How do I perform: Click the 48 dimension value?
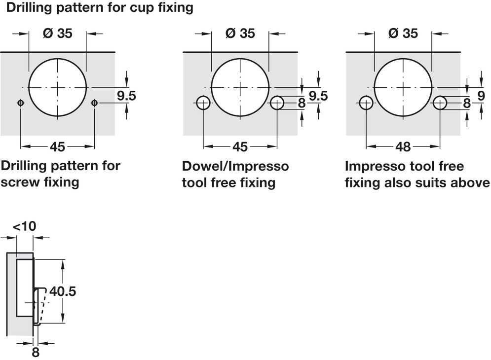(403, 146)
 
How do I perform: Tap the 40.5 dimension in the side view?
(63, 291)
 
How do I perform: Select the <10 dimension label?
(24, 226)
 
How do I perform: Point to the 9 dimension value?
(481, 96)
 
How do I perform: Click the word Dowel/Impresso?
(235, 166)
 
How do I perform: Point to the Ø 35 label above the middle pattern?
(240, 33)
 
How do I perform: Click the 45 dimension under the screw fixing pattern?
(58, 146)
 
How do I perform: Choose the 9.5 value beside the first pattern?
(126, 96)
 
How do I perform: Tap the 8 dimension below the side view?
(36, 353)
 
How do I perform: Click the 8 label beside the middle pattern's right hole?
(302, 103)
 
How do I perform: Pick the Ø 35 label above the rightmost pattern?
(403, 33)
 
